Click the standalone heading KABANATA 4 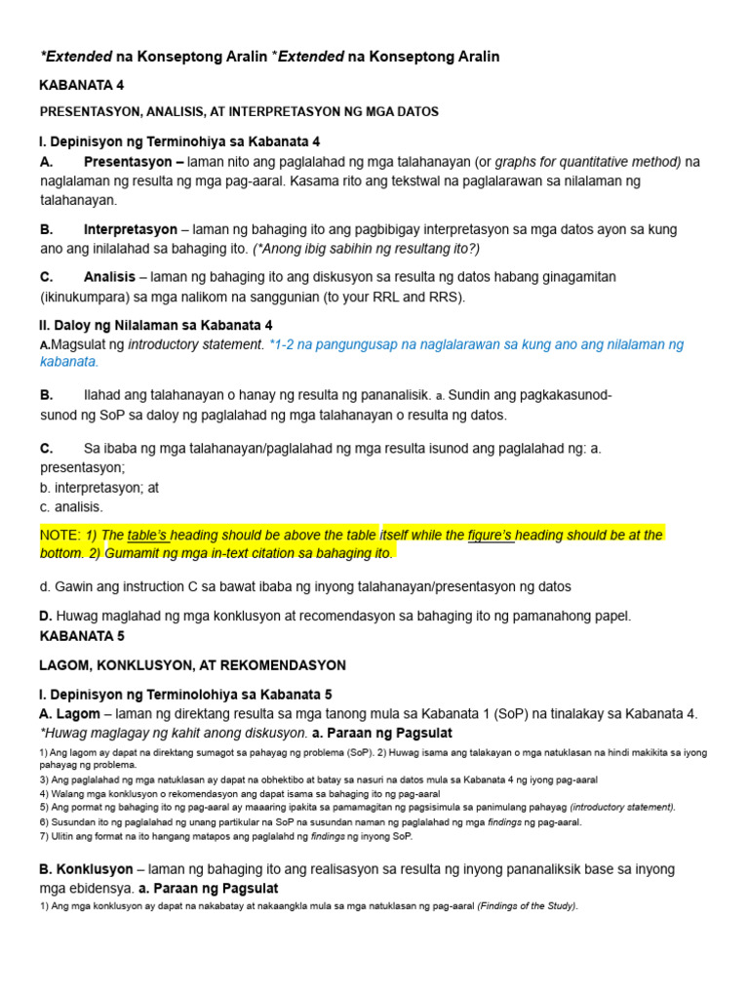(82, 85)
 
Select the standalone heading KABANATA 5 (82, 635)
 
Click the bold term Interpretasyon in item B (131, 229)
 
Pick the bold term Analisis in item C (109, 277)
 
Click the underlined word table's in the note (147, 535)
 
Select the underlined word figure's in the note (491, 535)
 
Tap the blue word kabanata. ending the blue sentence (69, 361)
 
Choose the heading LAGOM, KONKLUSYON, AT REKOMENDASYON (192, 665)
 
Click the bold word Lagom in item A (79, 713)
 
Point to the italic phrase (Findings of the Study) (528, 906)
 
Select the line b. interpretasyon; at (99, 487)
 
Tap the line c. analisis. (71, 506)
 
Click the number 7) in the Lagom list (45, 836)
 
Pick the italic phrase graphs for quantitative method (588, 161)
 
